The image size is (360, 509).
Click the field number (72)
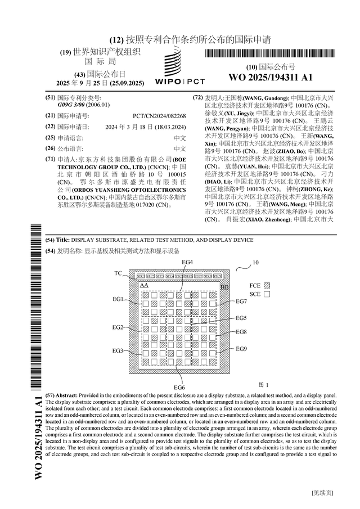197,98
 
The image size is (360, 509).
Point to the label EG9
241,349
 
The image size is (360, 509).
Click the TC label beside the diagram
118,273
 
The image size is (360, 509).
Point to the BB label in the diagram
224,287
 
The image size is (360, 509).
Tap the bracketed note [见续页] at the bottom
322,492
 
